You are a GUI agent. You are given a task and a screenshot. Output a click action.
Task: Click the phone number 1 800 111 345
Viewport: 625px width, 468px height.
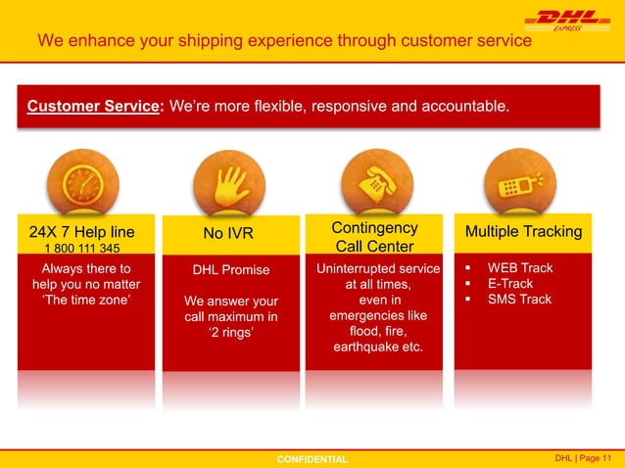(x=81, y=248)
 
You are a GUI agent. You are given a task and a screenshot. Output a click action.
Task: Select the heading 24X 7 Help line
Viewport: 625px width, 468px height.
(x=81, y=232)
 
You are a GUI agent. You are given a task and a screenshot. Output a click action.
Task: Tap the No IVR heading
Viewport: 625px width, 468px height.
(x=228, y=233)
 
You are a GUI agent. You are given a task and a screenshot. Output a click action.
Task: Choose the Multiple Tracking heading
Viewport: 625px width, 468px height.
(x=523, y=232)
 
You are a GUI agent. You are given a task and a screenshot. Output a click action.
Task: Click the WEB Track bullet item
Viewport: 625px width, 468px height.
(x=520, y=267)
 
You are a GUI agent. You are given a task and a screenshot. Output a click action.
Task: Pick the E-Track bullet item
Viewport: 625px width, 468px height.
(x=510, y=283)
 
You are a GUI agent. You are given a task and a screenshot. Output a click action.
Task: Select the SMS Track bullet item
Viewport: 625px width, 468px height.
(x=519, y=299)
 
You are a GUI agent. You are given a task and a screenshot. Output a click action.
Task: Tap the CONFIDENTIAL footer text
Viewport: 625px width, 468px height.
(x=312, y=458)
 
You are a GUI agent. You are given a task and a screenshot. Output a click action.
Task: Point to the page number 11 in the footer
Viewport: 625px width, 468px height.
(x=606, y=457)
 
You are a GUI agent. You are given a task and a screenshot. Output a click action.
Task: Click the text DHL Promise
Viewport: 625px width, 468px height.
(x=230, y=269)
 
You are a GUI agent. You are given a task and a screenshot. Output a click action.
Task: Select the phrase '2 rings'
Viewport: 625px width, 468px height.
(x=229, y=332)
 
